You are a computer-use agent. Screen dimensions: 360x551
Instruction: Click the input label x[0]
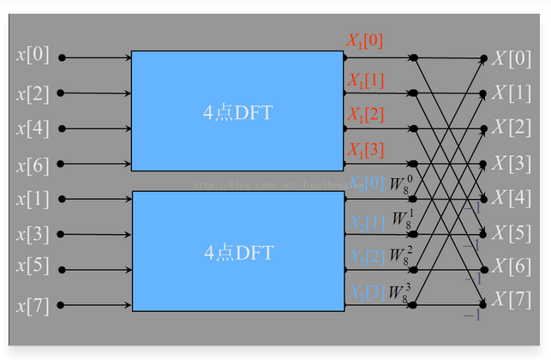pyautogui.click(x=32, y=57)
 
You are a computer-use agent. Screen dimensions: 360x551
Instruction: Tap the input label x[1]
pyautogui.click(x=32, y=199)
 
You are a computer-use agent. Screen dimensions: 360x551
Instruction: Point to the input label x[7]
pyautogui.click(x=32, y=304)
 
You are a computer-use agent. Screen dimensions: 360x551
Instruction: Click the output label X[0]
pyautogui.click(x=512, y=58)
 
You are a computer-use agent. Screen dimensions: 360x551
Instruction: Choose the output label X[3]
pyautogui.click(x=512, y=163)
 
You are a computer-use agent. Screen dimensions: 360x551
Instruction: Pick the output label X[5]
pyautogui.click(x=512, y=232)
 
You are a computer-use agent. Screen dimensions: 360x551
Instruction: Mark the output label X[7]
pyautogui.click(x=512, y=300)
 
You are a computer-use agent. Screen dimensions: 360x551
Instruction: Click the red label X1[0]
pyautogui.click(x=364, y=41)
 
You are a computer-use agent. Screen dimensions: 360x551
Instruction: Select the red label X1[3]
pyautogui.click(x=364, y=150)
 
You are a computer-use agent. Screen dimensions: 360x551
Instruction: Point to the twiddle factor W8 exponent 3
pyautogui.click(x=400, y=291)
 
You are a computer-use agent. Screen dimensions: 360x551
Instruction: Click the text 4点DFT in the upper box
pyautogui.click(x=237, y=112)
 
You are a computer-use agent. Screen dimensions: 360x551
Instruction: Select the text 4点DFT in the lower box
pyautogui.click(x=237, y=253)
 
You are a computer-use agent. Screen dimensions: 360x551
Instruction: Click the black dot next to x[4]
pyautogui.click(x=61, y=129)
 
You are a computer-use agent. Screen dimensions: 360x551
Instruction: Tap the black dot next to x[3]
pyautogui.click(x=61, y=234)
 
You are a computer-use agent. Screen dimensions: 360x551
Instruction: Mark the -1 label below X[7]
pyautogui.click(x=472, y=315)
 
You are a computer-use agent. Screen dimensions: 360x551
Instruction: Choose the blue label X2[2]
pyautogui.click(x=366, y=256)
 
